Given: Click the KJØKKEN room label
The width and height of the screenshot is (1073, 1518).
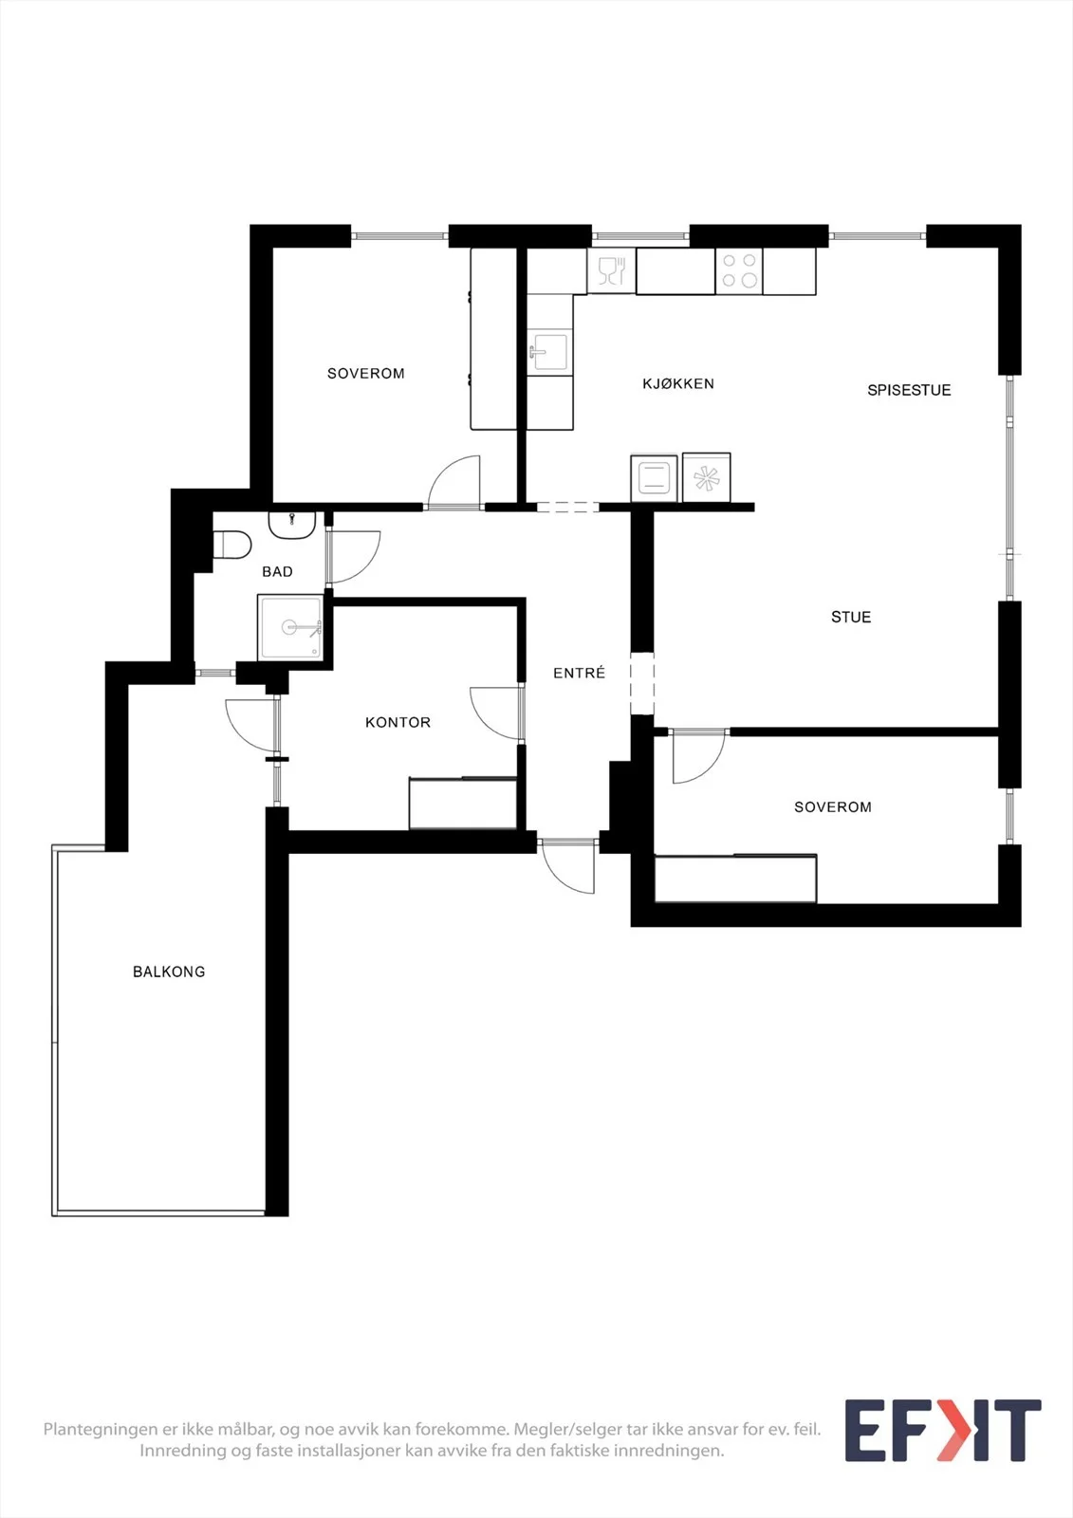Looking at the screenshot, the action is click(x=677, y=383).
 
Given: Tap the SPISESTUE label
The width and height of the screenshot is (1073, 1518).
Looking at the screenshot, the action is click(x=909, y=390).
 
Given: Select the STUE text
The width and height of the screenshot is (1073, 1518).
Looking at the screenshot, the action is click(x=851, y=617).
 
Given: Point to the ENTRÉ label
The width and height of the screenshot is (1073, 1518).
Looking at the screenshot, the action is click(x=579, y=673).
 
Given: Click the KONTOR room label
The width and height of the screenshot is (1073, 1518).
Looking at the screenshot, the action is click(x=398, y=722).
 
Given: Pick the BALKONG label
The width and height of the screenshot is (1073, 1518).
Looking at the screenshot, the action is click(x=169, y=972).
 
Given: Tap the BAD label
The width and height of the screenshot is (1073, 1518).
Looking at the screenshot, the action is click(x=277, y=572).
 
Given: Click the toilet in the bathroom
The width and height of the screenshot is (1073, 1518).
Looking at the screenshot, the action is click(x=232, y=545).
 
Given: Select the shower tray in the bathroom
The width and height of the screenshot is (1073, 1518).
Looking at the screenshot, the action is click(x=290, y=627).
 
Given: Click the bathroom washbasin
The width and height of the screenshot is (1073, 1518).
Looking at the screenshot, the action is click(x=292, y=525).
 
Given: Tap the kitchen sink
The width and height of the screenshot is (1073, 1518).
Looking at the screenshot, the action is click(x=549, y=352).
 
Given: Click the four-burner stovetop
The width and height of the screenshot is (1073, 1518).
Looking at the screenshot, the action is click(x=739, y=270).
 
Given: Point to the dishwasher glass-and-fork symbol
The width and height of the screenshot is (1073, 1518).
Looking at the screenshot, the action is click(x=611, y=270).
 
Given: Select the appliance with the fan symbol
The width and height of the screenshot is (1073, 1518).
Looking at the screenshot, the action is click(x=706, y=478).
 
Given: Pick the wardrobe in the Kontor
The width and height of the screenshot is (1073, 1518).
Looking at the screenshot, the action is click(x=463, y=803).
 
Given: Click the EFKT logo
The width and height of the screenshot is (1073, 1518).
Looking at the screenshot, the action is click(x=943, y=1430).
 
